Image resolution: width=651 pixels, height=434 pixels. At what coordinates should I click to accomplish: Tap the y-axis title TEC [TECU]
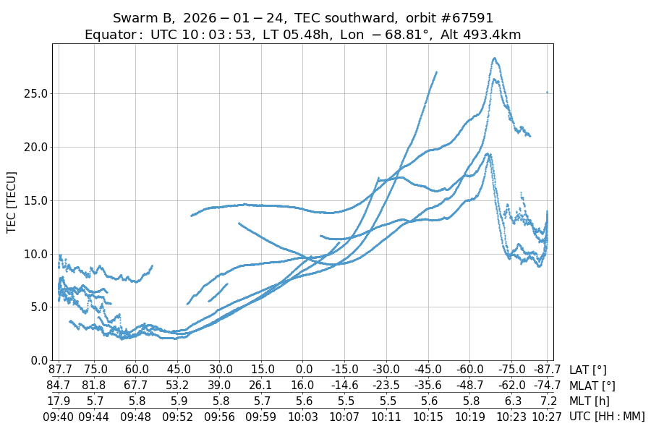tap(12, 202)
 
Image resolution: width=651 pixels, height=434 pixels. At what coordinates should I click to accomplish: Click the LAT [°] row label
tap(588, 370)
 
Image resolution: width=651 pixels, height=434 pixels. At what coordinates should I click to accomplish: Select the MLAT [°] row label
tap(592, 386)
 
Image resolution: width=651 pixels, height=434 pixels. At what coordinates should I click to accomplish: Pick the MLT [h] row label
tap(589, 401)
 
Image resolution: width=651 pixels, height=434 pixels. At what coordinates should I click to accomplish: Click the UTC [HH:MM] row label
tap(606, 416)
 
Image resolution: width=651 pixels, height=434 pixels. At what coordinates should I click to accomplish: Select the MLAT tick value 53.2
tap(177, 386)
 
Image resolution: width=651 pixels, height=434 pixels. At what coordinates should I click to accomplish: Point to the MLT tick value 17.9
tap(58, 401)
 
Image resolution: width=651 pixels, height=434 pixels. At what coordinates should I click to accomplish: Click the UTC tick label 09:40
tap(58, 416)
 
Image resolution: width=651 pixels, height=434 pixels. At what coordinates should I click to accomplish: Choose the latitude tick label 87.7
tap(58, 370)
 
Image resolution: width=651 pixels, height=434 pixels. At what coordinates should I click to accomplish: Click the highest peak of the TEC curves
tap(494, 59)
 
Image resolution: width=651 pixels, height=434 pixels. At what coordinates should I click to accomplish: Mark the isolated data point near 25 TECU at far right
tap(547, 92)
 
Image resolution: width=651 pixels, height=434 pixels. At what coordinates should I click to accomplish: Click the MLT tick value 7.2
tap(548, 401)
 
